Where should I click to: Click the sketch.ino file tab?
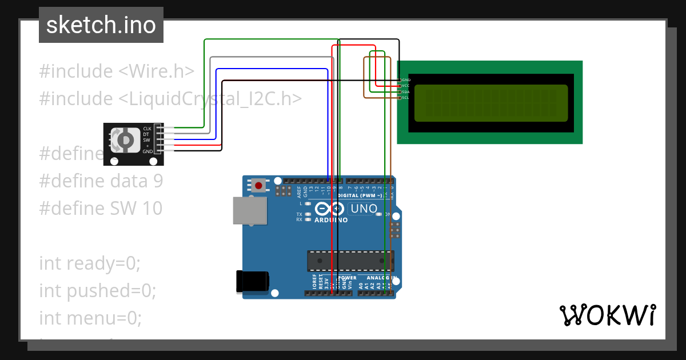click(101, 25)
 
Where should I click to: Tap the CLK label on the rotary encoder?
click(147, 129)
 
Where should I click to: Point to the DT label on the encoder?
click(146, 134)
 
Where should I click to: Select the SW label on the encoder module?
click(146, 140)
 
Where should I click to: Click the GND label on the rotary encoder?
click(147, 151)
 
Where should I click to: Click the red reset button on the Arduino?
click(259, 185)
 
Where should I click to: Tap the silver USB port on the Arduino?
click(250, 211)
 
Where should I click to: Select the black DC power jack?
click(252, 281)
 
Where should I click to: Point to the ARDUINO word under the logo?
click(331, 220)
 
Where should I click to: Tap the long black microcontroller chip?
click(350, 261)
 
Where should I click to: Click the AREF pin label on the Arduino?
click(298, 190)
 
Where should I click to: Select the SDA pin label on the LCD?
click(405, 91)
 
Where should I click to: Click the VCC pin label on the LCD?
click(405, 86)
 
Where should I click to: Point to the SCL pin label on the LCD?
click(405, 98)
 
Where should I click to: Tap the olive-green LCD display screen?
click(490, 103)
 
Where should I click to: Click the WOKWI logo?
click(607, 315)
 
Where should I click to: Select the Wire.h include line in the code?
click(117, 71)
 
